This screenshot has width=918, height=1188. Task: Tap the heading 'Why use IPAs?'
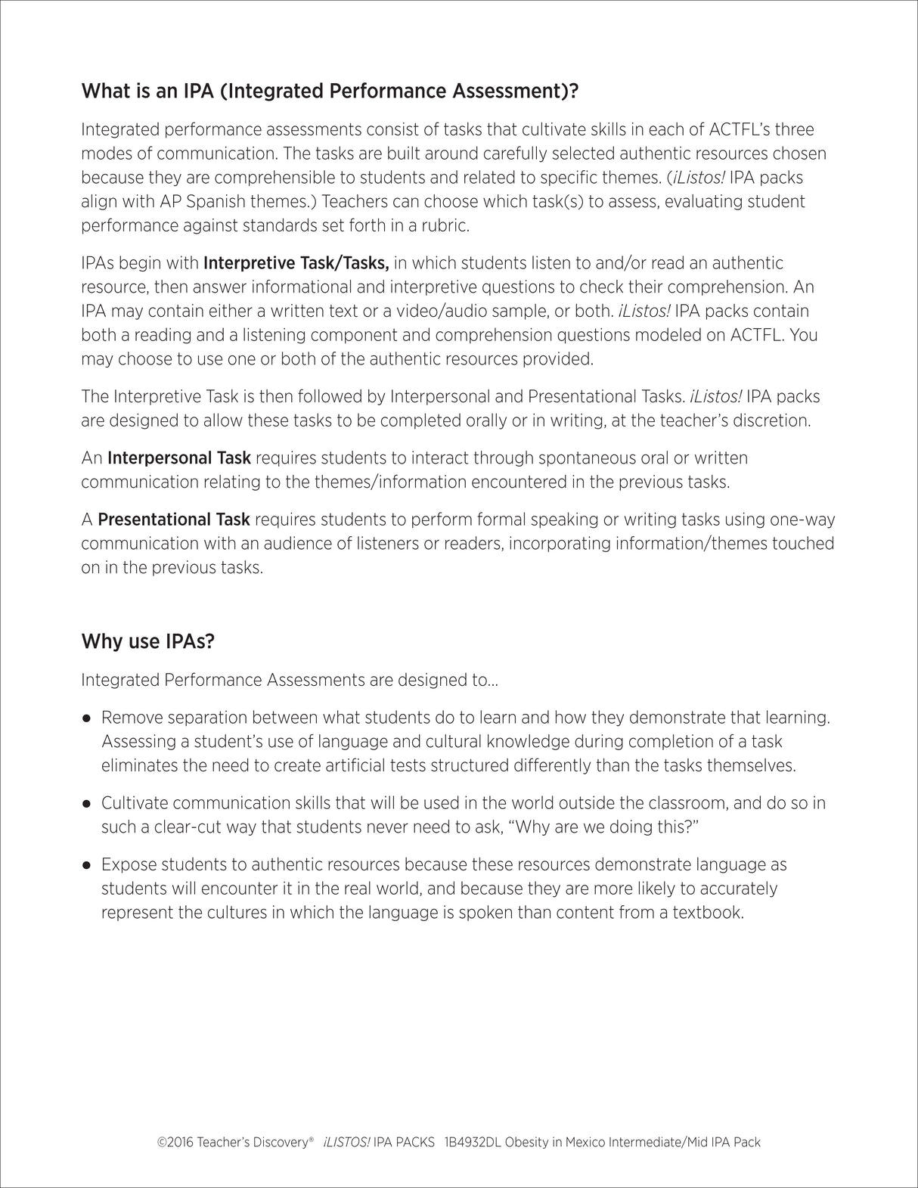tap(147, 641)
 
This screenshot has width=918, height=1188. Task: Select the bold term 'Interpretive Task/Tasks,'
tap(296, 263)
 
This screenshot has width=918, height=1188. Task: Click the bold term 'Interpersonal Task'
tap(179, 458)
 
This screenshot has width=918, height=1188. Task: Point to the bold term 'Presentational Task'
tap(174, 520)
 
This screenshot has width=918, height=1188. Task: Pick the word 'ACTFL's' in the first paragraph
tap(730, 129)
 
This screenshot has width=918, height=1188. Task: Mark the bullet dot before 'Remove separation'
tap(87, 718)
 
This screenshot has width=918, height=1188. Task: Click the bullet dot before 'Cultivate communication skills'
tap(87, 803)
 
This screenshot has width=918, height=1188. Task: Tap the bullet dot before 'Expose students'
tap(87, 864)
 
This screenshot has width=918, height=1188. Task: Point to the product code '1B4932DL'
tap(473, 1143)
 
